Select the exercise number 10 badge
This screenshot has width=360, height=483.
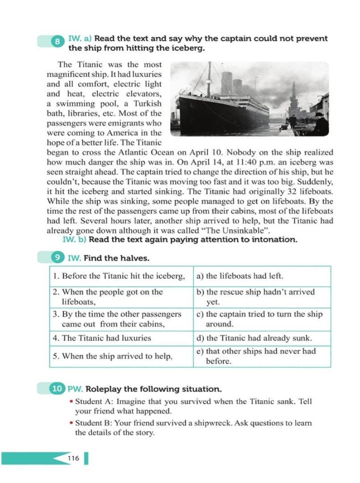(58, 389)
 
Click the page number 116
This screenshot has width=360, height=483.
(73, 458)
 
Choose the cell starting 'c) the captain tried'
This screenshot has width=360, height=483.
(262, 319)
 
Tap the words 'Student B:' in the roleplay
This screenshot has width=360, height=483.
(93, 422)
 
